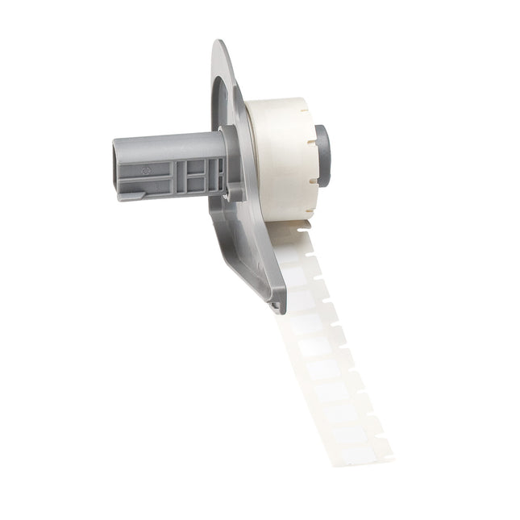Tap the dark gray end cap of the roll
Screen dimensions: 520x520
coord(322,155)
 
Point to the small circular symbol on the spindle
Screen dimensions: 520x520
coord(146,171)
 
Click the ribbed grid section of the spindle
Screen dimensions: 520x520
coord(198,173)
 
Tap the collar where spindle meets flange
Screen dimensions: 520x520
coord(233,165)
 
